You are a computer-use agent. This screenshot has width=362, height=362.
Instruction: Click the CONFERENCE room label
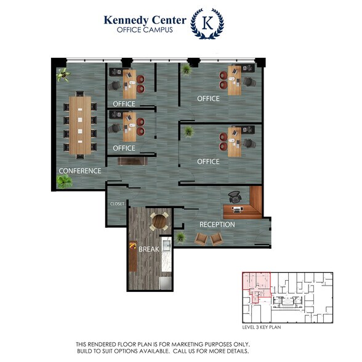[80, 171]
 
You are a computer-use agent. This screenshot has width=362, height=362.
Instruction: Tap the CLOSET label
[117, 204]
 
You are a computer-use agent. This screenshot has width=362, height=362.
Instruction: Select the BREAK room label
[149, 249]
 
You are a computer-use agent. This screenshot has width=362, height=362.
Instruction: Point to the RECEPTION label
[217, 224]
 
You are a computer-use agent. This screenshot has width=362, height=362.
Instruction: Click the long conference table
[80, 125]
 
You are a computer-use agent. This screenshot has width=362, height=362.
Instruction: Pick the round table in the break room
[159, 221]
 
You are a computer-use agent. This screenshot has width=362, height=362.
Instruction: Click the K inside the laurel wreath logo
[207, 23]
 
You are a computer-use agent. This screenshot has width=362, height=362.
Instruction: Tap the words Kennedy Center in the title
[145, 20]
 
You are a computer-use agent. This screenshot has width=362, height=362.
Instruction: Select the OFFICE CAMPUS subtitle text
[145, 30]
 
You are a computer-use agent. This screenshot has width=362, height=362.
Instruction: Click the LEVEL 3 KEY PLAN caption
[262, 327]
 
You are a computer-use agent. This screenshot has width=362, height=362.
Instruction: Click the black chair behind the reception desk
[235, 197]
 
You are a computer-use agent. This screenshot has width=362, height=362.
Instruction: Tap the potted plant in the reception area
[180, 238]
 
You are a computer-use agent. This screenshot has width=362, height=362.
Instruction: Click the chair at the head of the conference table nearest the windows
[80, 94]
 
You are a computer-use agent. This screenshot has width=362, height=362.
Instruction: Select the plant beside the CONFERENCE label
[65, 182]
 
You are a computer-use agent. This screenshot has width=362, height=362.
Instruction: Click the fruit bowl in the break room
[132, 246]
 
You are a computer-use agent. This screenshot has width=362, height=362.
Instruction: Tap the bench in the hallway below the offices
[132, 161]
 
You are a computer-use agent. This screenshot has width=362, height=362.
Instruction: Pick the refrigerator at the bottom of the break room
[166, 283]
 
